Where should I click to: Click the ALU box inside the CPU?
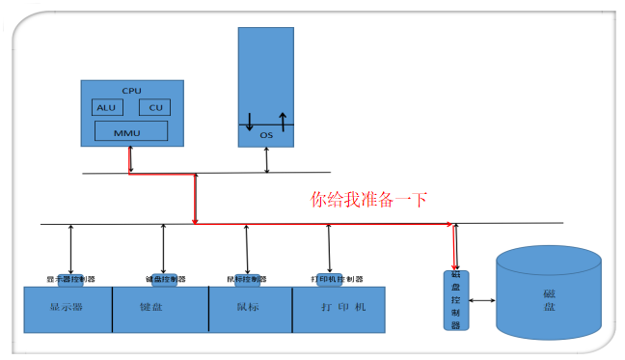(106, 107)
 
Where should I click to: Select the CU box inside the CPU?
(154, 107)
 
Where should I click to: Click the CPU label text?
(130, 90)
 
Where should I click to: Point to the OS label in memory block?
(266, 136)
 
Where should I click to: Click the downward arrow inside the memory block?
(250, 122)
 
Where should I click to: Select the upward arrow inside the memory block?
(283, 121)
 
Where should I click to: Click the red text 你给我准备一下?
(367, 200)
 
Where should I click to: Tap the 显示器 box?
(68, 309)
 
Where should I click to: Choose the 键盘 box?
(160, 309)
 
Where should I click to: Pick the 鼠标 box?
(250, 309)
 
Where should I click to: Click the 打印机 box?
(337, 309)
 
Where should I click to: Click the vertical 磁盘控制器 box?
(456, 300)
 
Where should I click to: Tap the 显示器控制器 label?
(71, 279)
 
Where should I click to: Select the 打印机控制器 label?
(337, 279)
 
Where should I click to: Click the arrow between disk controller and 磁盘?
(481, 300)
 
